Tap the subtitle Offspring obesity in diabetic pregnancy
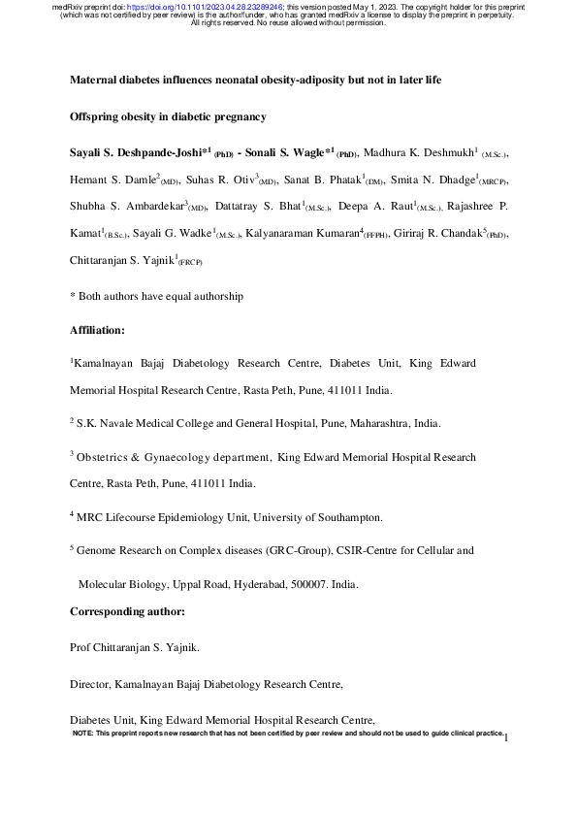point(168,116)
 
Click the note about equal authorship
point(156,296)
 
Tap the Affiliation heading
point(98,331)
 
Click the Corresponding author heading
point(127,612)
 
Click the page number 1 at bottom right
point(507,738)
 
